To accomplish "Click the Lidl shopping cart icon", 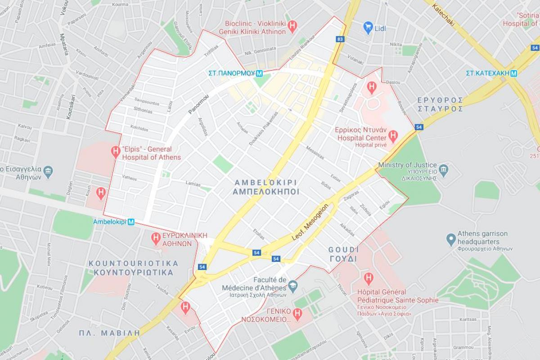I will (x=368, y=28).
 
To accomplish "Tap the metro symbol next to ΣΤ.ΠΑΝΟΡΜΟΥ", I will (x=259, y=73).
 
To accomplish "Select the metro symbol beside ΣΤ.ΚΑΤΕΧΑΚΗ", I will (x=513, y=73).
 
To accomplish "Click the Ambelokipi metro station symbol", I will (x=131, y=222).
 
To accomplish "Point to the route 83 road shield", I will (x=340, y=39).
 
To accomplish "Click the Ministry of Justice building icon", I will (x=444, y=169).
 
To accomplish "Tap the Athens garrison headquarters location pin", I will (x=451, y=239).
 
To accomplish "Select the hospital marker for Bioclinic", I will (x=292, y=26).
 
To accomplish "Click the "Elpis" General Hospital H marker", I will (x=116, y=153).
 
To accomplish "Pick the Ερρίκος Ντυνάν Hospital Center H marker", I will (x=393, y=135).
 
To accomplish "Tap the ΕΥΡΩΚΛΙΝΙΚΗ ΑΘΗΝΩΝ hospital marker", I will (x=156, y=238).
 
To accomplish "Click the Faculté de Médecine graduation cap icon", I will (x=292, y=284).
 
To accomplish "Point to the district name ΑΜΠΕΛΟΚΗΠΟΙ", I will (x=266, y=192).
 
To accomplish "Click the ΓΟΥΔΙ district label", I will (x=343, y=259).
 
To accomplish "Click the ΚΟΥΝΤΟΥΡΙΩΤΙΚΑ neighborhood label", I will (x=133, y=273).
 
